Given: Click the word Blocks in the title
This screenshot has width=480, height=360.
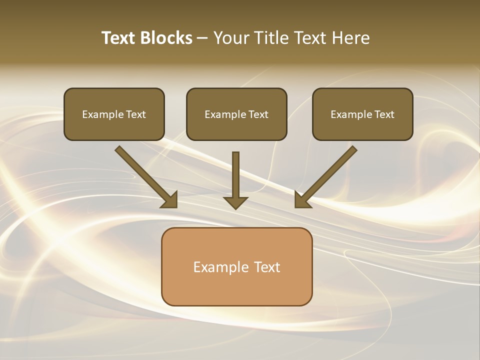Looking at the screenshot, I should [166, 38].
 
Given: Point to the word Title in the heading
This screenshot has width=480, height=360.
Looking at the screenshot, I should [273, 38].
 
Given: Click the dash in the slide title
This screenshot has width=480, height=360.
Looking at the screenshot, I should [202, 38].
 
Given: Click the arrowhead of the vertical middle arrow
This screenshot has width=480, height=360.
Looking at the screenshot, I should [235, 202].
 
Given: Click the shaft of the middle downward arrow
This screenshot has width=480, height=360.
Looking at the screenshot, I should [235, 172].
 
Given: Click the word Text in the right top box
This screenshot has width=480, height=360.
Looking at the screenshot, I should [384, 114].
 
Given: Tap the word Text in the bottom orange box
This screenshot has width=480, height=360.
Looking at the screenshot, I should [267, 267].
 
